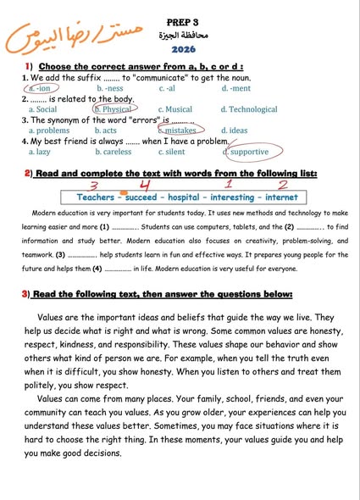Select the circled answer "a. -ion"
(x=39, y=88)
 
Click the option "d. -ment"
(x=236, y=88)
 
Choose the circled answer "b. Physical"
(x=114, y=109)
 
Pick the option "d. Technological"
(x=249, y=109)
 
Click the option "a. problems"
(x=49, y=131)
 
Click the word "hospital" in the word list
(x=192, y=197)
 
